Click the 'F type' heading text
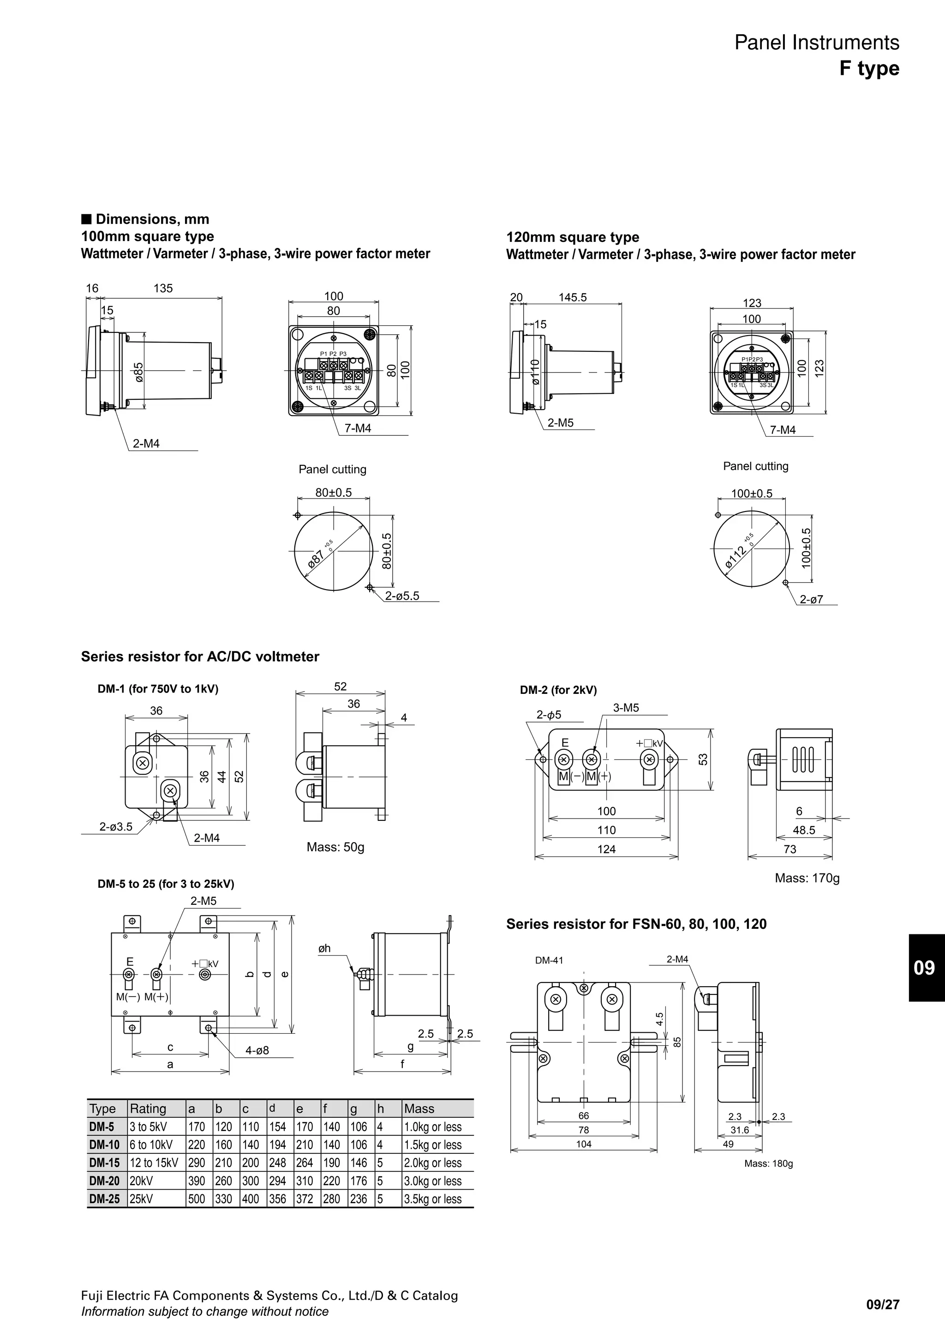[x=869, y=69]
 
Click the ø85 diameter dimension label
[x=138, y=372]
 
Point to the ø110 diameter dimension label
[x=535, y=372]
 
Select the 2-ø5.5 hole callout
[x=402, y=596]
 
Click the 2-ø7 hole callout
[x=811, y=599]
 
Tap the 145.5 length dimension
[x=573, y=298]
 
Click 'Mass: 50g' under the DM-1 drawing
[x=335, y=847]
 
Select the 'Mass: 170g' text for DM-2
[x=807, y=878]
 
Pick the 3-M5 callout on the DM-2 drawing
[x=626, y=708]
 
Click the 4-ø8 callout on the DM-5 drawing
[x=257, y=1051]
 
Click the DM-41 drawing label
[x=549, y=960]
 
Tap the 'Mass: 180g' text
[x=768, y=1163]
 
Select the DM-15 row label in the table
[x=105, y=1163]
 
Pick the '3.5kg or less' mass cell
[x=432, y=1199]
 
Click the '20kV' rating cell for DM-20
[x=141, y=1181]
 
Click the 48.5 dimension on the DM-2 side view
[x=804, y=831]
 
